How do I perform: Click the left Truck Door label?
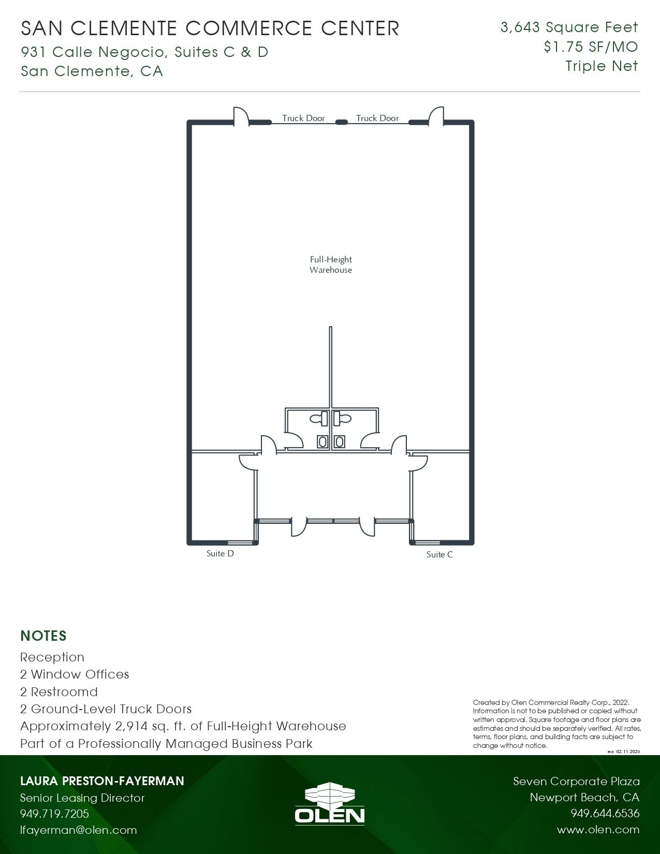tap(303, 118)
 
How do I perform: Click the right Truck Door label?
tap(377, 118)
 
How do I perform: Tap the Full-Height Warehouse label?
tap(331, 264)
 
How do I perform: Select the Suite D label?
tap(220, 553)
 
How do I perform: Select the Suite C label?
tap(439, 554)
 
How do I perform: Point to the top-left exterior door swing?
tap(241, 116)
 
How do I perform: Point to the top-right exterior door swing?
tap(436, 116)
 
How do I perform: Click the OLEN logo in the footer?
tap(330, 803)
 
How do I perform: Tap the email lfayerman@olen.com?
tap(78, 830)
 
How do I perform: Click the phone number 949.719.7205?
tap(54, 814)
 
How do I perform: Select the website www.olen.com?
tap(598, 830)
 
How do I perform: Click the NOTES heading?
tap(43, 636)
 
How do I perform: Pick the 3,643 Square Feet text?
tap(569, 27)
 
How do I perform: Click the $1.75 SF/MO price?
tap(591, 47)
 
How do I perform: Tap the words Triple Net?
tap(602, 66)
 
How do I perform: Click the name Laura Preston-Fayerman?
tap(102, 781)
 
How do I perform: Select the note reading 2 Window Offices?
tap(75, 674)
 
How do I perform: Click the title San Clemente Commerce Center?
tap(210, 28)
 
